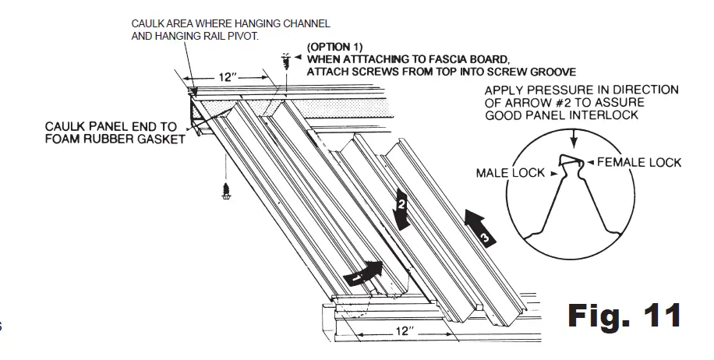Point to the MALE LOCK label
click(x=507, y=171)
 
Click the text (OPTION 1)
click(x=334, y=47)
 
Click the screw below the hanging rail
click(x=225, y=191)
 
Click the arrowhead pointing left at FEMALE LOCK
click(x=592, y=162)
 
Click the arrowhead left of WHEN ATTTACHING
click(x=300, y=58)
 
